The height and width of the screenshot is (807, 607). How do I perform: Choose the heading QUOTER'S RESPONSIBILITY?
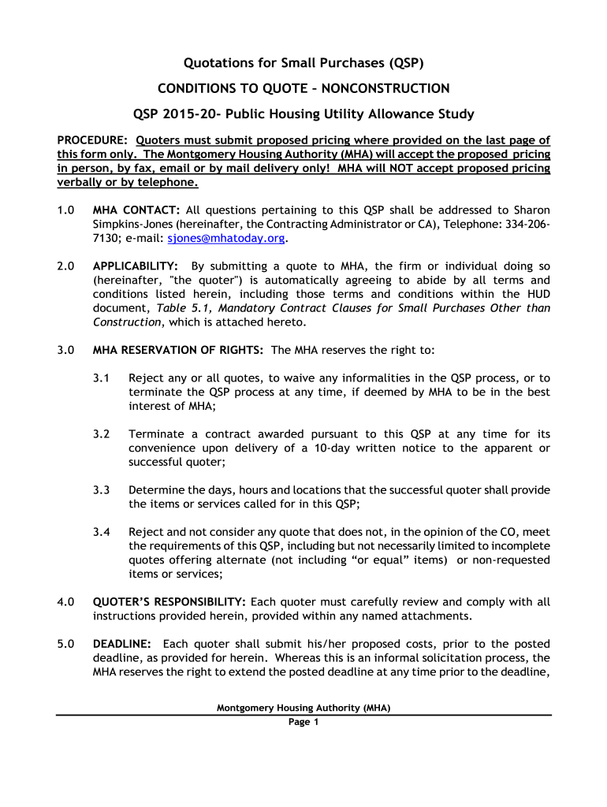pyautogui.click(x=169, y=601)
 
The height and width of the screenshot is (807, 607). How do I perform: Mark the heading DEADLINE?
pyautogui.click(x=119, y=643)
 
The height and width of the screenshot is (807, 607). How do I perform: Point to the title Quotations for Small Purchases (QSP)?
pyautogui.click(x=303, y=63)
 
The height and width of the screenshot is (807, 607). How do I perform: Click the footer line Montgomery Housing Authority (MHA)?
pyautogui.click(x=303, y=708)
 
